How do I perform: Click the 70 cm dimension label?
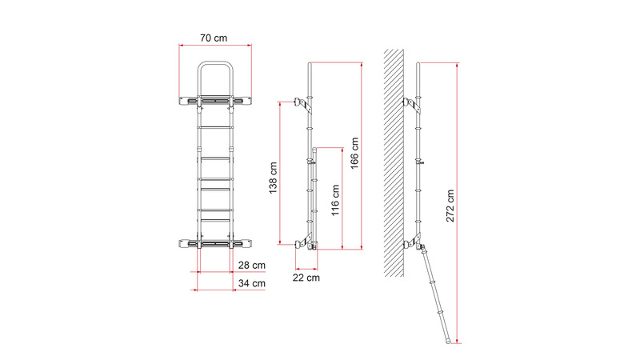[214, 38]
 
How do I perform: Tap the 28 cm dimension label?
[252, 266]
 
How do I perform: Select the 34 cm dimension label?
[252, 283]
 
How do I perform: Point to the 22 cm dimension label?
[306, 278]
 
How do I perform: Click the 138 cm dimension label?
[273, 178]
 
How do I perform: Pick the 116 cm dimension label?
[335, 200]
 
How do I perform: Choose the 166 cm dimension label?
[354, 153]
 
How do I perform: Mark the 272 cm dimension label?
[450, 206]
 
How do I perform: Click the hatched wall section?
[394, 163]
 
